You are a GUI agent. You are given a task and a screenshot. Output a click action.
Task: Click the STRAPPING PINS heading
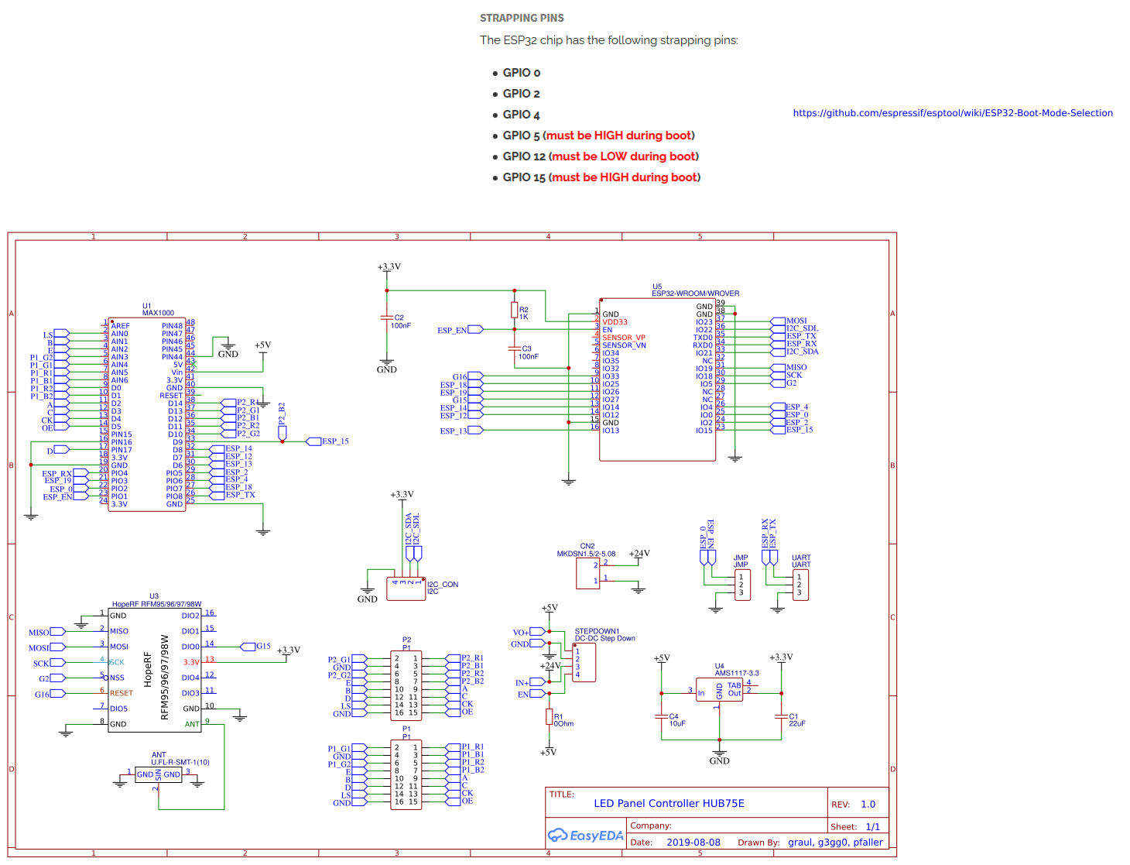click(x=522, y=18)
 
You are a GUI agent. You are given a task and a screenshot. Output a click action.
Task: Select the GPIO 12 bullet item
click(x=600, y=156)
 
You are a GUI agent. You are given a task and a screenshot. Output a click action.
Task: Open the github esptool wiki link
click(x=952, y=113)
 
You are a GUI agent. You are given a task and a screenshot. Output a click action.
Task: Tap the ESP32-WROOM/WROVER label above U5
click(x=695, y=293)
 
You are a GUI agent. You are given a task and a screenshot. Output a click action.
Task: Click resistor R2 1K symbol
click(x=514, y=311)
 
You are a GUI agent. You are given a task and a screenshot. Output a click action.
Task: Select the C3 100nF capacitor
click(x=514, y=348)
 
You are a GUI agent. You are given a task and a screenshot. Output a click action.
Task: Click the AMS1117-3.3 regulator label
click(x=736, y=673)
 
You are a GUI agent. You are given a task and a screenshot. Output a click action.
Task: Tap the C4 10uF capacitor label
click(x=676, y=720)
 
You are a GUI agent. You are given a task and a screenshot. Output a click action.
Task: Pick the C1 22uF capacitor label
click(x=796, y=720)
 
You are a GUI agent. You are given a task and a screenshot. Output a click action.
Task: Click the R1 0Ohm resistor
click(x=549, y=718)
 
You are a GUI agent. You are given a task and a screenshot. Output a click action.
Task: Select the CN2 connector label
click(x=587, y=546)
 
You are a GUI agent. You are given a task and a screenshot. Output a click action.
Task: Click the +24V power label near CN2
click(x=639, y=554)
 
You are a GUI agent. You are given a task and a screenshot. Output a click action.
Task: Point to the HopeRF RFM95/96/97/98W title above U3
click(x=156, y=604)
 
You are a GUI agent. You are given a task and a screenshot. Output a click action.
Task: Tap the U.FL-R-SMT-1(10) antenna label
click(x=180, y=762)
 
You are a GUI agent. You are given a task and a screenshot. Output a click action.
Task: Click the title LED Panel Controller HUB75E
click(x=669, y=803)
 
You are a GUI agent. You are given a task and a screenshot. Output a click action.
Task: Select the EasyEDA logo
click(x=585, y=836)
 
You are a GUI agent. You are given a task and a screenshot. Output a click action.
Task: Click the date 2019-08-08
click(x=693, y=843)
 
